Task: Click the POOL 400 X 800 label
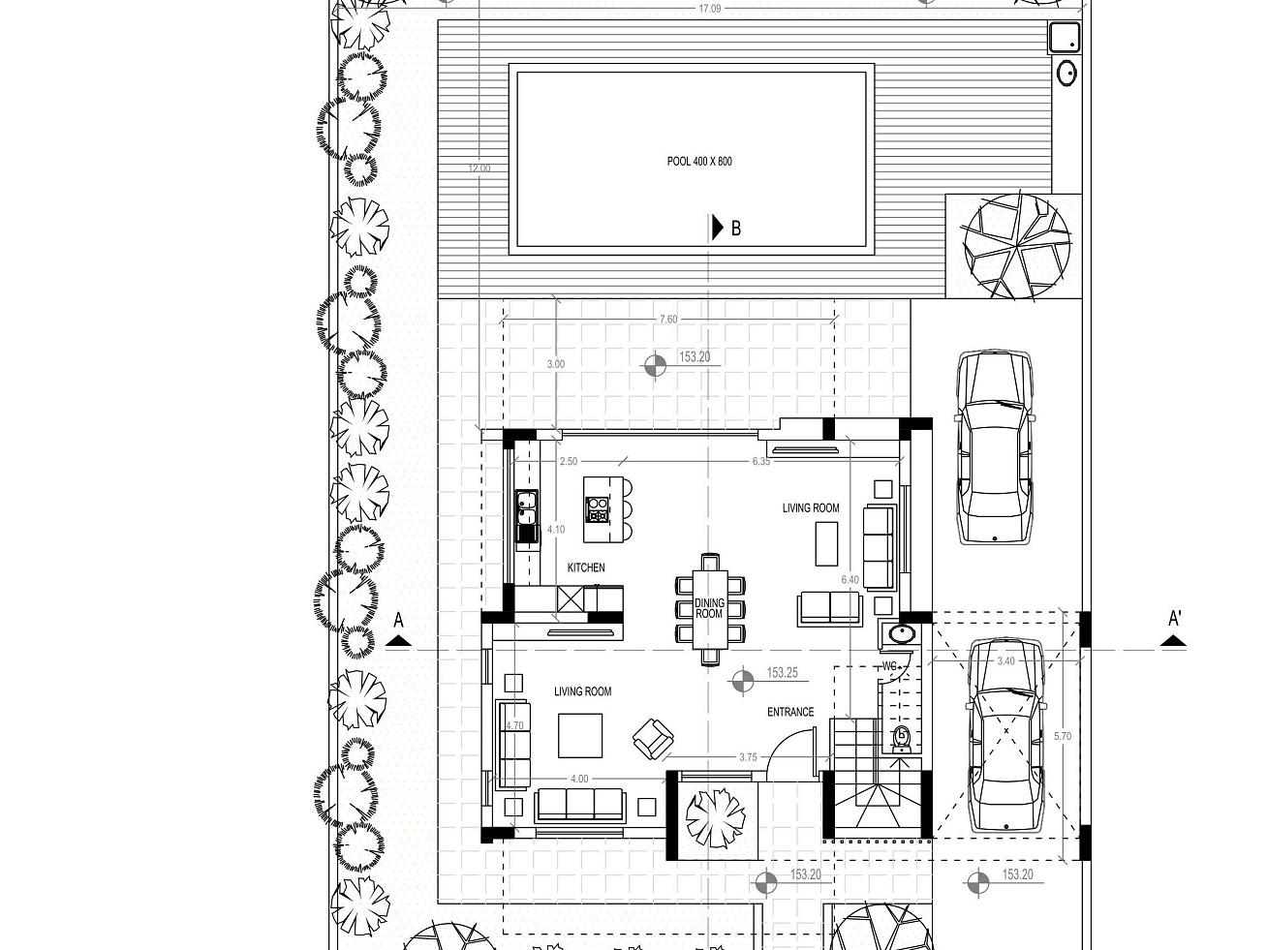699,162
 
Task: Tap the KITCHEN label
586,567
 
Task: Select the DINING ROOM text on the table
709,608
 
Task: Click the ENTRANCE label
790,713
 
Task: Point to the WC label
889,666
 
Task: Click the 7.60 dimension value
668,320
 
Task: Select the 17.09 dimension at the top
709,9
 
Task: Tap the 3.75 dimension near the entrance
748,757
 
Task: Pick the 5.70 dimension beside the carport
1063,736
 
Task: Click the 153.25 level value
782,673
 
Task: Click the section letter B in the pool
736,229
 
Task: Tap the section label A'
1175,619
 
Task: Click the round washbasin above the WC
901,634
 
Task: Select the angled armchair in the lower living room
653,739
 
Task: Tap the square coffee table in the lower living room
580,735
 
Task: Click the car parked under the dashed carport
1006,735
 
